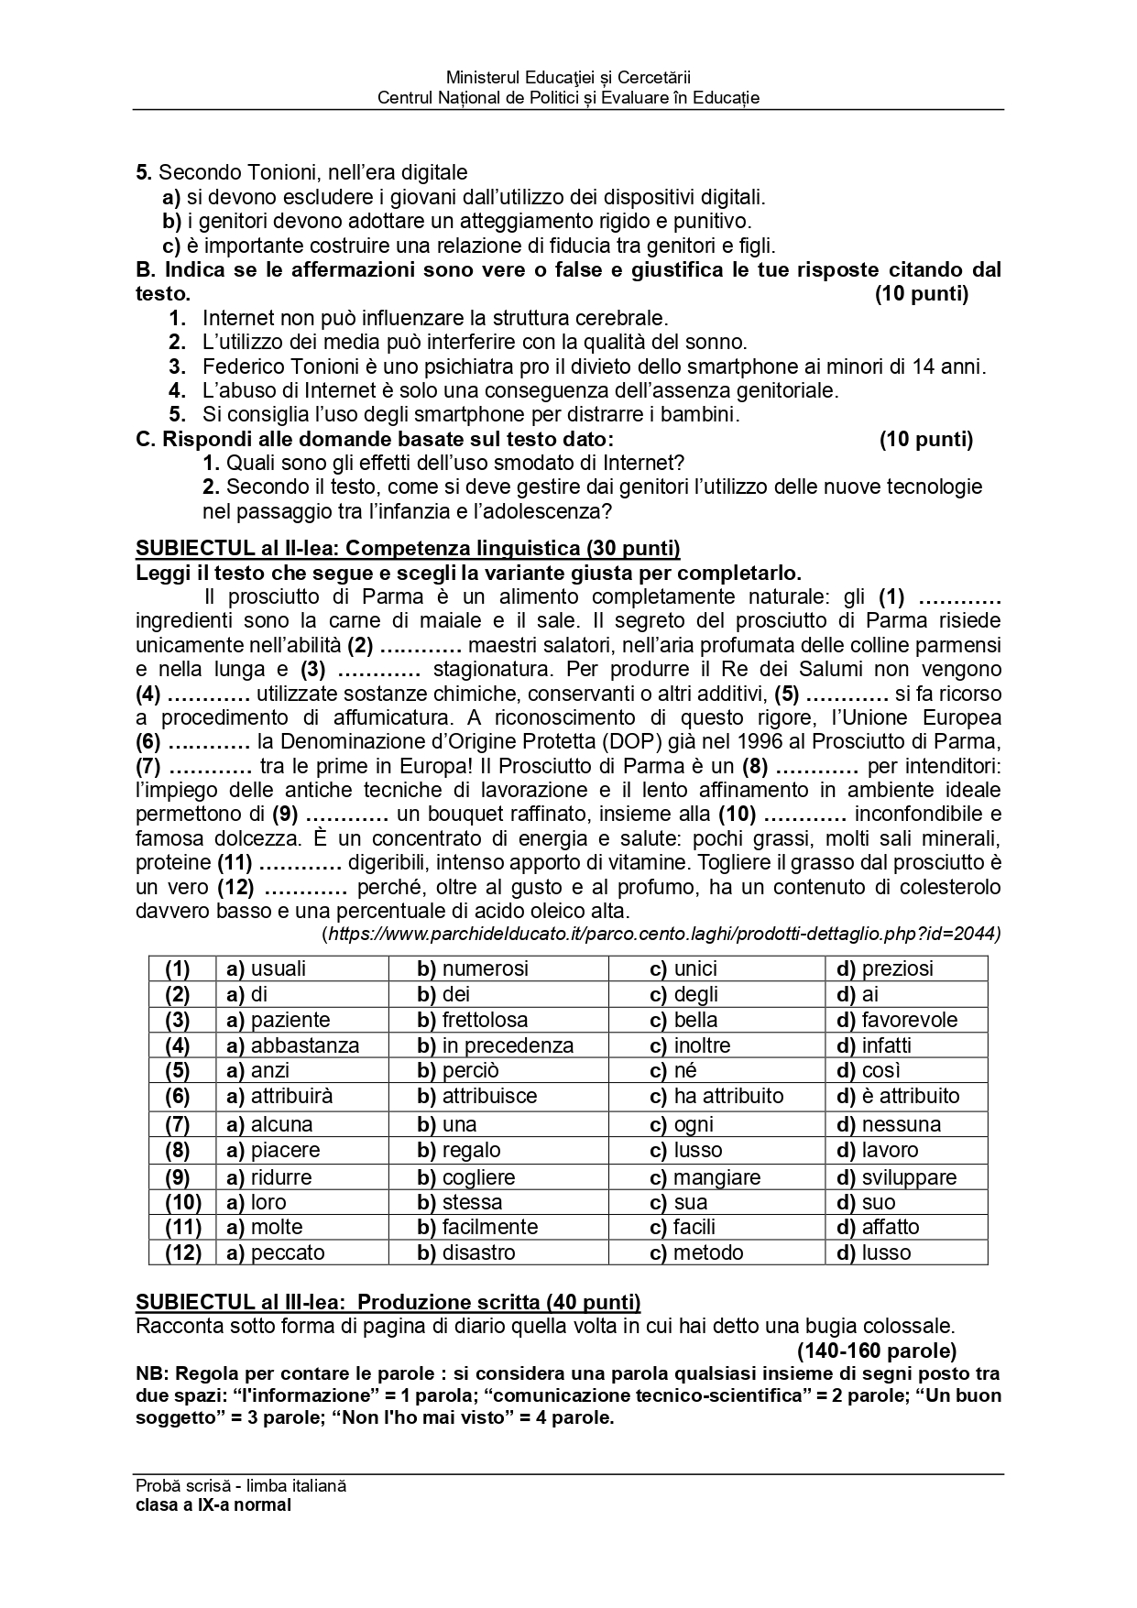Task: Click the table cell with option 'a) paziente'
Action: click(278, 1020)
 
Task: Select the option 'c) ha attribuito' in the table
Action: click(716, 1096)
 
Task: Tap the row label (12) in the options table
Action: click(182, 1252)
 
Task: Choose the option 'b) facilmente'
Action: click(477, 1227)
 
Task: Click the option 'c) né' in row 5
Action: click(673, 1070)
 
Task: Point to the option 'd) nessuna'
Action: click(888, 1124)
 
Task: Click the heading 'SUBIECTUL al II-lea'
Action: click(408, 549)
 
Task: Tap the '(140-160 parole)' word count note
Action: click(876, 1351)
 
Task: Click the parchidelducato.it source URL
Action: click(661, 934)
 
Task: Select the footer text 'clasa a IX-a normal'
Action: click(213, 1504)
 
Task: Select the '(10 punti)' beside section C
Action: click(925, 439)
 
